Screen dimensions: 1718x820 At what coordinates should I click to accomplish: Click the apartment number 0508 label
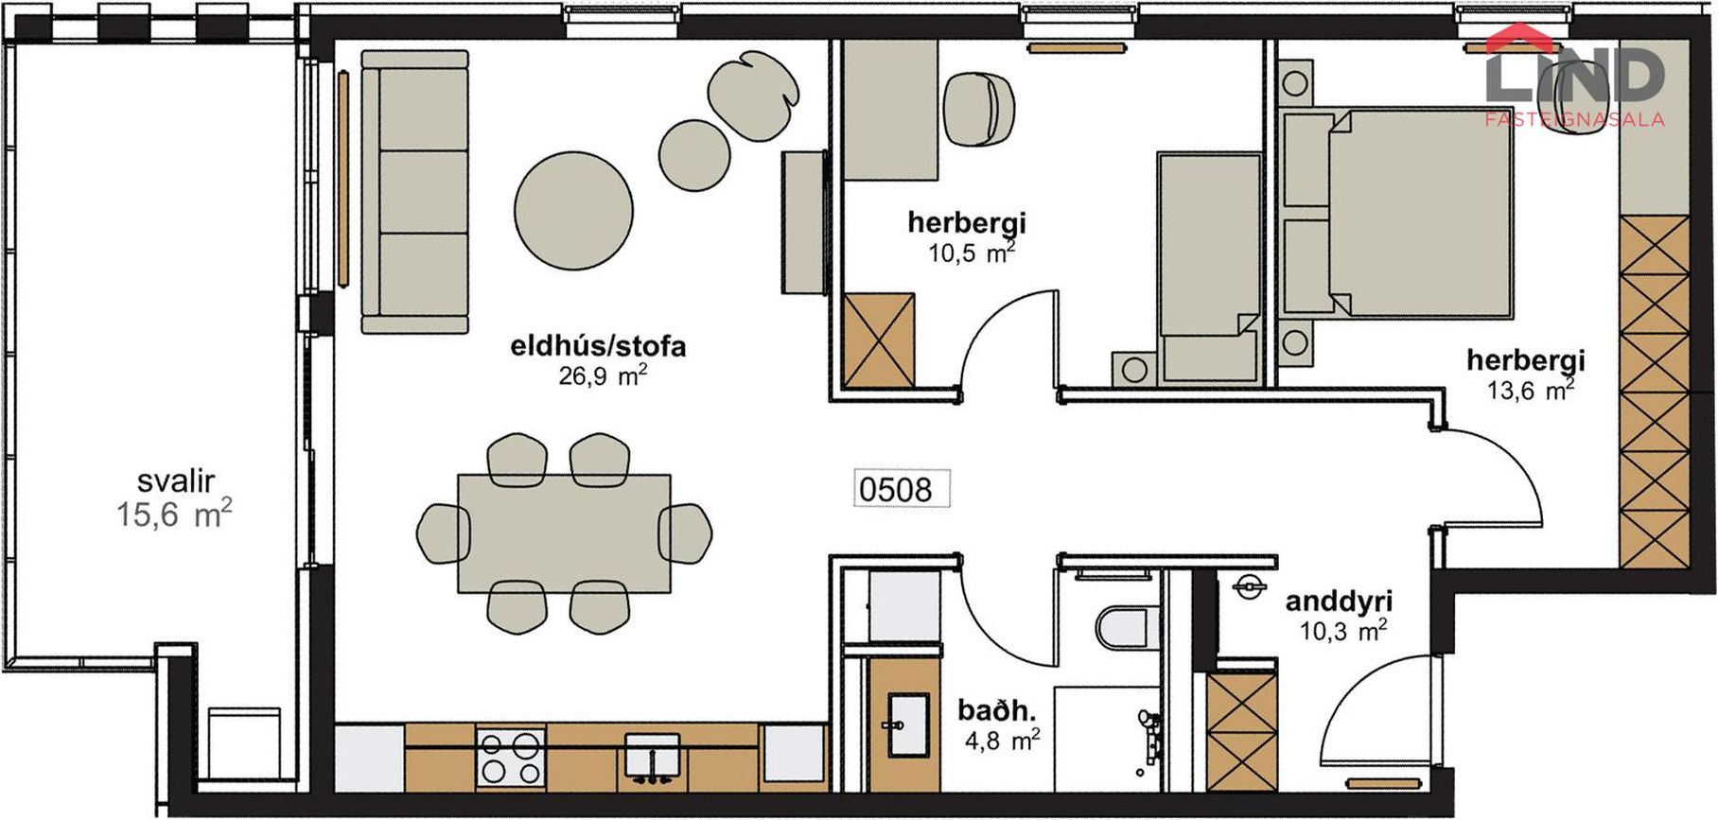(895, 489)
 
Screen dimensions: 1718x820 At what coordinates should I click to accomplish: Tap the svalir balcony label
(175, 480)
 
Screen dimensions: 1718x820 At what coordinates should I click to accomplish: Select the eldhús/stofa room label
(598, 346)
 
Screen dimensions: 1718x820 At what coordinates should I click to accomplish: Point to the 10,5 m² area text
(972, 253)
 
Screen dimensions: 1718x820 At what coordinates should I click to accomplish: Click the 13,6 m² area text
(1530, 390)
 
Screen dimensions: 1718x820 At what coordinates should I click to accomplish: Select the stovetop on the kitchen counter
(511, 756)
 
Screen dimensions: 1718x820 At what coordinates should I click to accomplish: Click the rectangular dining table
(564, 533)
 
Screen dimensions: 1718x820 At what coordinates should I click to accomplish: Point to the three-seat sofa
(415, 192)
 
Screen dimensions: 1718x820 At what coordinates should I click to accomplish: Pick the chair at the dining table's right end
(686, 533)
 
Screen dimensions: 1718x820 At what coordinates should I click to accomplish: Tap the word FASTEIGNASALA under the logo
(1575, 120)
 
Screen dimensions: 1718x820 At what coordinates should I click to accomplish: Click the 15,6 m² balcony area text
(174, 515)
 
